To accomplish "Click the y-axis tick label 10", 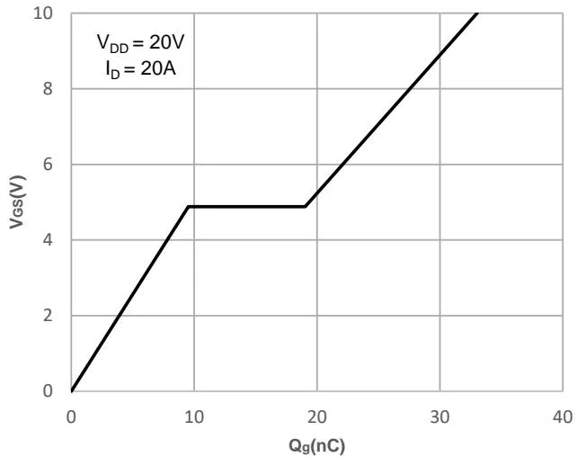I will point(50,13).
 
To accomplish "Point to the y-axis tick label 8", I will point(54,89).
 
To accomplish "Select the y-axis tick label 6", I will point(54,165).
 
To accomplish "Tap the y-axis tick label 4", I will point(54,240).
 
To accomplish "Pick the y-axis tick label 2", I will point(54,316).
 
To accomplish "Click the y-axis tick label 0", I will point(54,390).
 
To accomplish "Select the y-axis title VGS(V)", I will point(17,202).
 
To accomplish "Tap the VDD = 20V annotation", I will point(141,42).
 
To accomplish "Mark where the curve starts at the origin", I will point(72,390).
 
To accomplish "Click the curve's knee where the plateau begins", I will point(188,207).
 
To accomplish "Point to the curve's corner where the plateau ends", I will point(306,207).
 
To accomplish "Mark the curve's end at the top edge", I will point(477,13).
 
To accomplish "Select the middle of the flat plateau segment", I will point(247,207).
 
